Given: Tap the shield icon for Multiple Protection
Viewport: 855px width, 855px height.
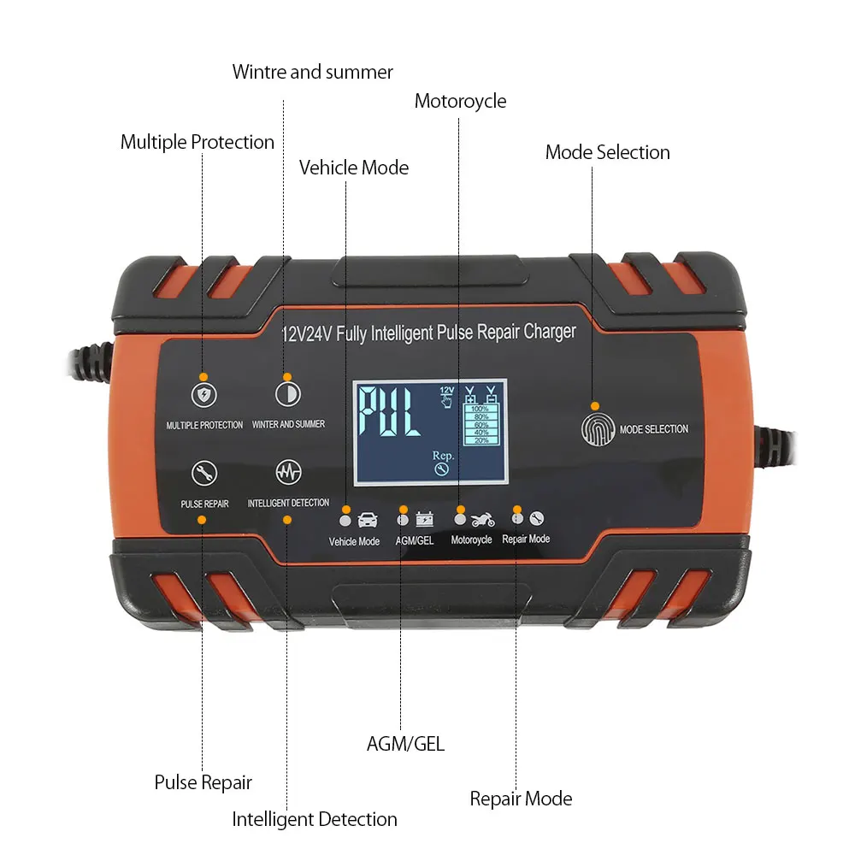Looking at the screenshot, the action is point(203,394).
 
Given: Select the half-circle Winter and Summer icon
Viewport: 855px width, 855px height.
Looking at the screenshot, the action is point(287,394).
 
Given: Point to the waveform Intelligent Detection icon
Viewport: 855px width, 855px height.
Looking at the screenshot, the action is point(287,472).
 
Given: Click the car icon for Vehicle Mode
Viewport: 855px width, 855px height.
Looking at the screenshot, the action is point(368,518).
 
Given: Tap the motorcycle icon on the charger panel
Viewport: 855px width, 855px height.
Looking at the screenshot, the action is point(482,518).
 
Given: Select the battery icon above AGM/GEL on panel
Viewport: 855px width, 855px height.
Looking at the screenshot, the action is point(424,518).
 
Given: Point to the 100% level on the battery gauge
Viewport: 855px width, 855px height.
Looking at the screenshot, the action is point(481,410).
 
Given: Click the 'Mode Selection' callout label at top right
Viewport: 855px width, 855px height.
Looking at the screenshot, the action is point(607,152).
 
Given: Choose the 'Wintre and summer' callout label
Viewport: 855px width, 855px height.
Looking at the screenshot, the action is point(312,72).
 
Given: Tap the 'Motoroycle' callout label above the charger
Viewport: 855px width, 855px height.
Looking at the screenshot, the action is point(460,101).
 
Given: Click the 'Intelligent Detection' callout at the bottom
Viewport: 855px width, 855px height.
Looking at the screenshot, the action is point(315,819).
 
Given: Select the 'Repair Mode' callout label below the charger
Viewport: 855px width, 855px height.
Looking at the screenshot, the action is point(521,799).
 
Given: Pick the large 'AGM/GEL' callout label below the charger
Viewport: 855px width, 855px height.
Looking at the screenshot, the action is point(405,743).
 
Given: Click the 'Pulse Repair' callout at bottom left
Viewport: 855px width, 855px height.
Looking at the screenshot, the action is point(203,781).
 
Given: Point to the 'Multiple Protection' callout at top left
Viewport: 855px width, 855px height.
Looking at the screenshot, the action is point(197,142).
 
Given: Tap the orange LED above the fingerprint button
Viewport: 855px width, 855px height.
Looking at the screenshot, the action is point(595,406).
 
